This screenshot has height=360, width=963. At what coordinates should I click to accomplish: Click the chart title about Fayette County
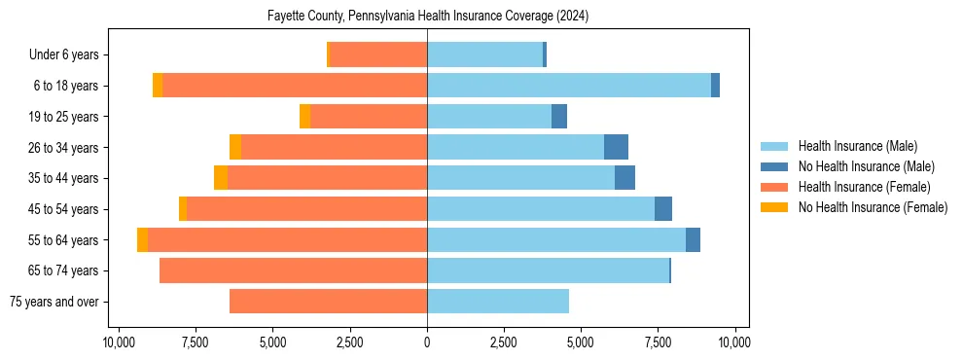point(427,17)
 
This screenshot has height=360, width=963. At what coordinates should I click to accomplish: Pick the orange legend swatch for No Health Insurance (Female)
point(774,207)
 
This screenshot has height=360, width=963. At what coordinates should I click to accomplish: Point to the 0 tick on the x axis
point(427,342)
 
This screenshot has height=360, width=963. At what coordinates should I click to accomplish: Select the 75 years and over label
point(53,302)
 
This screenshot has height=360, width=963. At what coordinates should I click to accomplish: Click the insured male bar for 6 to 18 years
point(569,86)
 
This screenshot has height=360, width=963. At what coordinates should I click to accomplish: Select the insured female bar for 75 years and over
point(328,302)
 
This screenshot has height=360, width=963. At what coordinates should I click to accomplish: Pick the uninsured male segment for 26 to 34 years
point(616,147)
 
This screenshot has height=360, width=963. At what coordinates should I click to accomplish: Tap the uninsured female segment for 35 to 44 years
point(221,178)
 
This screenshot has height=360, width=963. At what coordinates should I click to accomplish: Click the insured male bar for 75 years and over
point(498,302)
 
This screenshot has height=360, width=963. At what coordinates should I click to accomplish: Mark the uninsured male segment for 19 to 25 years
point(559,117)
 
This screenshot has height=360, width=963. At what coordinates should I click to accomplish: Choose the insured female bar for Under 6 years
point(379,54)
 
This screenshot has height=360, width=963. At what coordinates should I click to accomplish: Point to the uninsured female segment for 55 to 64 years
point(143,240)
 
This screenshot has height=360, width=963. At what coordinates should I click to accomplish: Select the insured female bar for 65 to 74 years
point(293,270)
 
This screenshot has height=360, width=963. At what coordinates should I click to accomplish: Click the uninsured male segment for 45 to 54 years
point(663,209)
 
